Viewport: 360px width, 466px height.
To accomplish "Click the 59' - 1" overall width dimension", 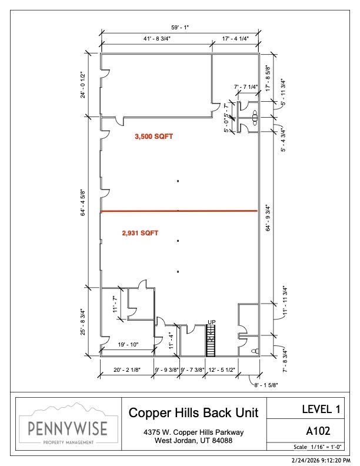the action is [x=180, y=28].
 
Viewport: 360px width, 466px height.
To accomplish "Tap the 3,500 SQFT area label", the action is [x=154, y=137].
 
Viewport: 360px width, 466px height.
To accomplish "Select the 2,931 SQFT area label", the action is [x=140, y=233].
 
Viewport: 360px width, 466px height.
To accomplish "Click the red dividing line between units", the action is [x=179, y=211].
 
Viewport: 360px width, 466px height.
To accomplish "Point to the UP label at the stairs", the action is [x=212, y=322].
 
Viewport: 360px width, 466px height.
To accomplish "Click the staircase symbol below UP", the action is [x=211, y=341].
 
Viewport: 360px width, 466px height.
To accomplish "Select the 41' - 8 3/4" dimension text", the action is [x=157, y=39].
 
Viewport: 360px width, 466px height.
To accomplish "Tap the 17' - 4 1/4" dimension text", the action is [x=235, y=39].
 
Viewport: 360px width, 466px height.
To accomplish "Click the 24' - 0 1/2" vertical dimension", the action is [x=83, y=85].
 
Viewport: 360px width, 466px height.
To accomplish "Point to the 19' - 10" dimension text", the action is [x=128, y=345].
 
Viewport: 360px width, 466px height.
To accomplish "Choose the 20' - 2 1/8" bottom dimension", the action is [x=127, y=370].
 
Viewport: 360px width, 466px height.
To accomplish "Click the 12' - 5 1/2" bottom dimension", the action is [x=222, y=370].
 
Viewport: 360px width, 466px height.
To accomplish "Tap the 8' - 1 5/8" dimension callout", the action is [x=266, y=385].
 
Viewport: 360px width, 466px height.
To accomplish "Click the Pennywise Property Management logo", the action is [x=68, y=424].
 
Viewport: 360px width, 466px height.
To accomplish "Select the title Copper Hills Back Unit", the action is [x=194, y=412].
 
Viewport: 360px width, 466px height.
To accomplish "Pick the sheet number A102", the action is [x=318, y=431].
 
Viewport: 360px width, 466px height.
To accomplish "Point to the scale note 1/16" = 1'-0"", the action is [x=326, y=447].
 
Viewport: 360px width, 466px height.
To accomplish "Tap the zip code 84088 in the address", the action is [x=222, y=441].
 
